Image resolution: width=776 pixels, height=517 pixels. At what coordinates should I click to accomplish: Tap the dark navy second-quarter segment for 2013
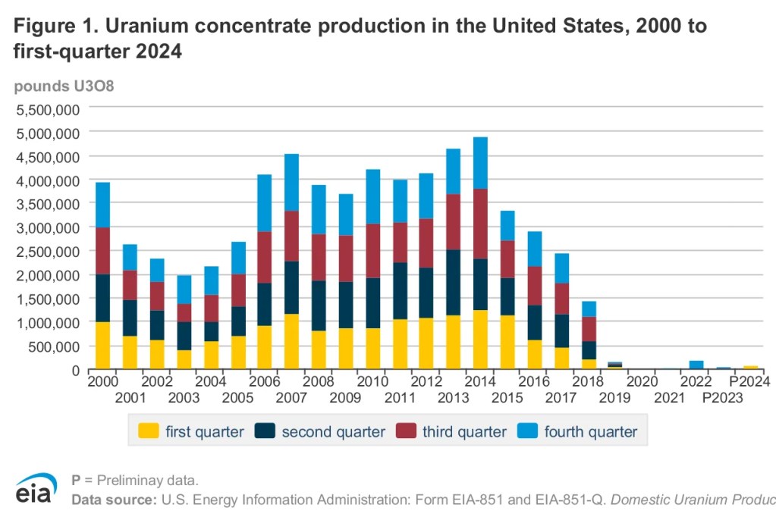pyautogui.click(x=453, y=282)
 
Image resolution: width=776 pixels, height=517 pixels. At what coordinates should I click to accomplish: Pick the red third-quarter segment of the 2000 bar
pyautogui.click(x=102, y=251)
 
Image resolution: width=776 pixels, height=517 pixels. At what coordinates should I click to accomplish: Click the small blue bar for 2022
pyautogui.click(x=696, y=365)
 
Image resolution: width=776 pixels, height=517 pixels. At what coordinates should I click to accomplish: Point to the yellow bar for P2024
pyautogui.click(x=751, y=368)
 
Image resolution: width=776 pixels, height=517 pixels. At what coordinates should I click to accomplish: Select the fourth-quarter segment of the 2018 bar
pyautogui.click(x=589, y=309)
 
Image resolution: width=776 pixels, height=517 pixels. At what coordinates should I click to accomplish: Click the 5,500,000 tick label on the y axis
pyautogui.click(x=46, y=109)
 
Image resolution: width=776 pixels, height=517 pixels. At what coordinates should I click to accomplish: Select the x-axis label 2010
pyautogui.click(x=373, y=381)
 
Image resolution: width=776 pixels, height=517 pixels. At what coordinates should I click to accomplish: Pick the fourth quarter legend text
pyautogui.click(x=591, y=431)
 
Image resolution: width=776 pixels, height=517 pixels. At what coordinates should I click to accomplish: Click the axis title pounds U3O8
pyautogui.click(x=64, y=86)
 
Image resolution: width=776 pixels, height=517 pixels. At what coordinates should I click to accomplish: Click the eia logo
pyautogui.click(x=34, y=488)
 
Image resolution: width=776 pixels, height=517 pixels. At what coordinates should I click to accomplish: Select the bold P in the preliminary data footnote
pyautogui.click(x=76, y=480)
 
